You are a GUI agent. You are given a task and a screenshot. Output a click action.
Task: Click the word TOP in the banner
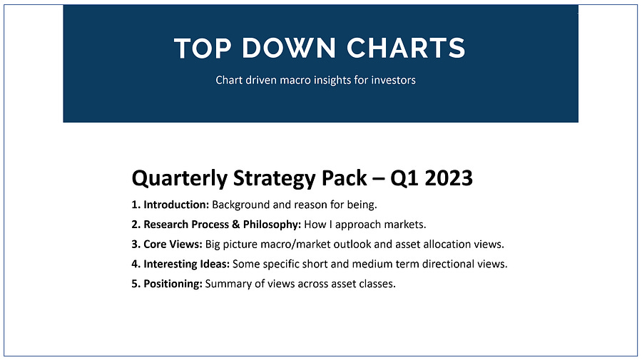click(201, 48)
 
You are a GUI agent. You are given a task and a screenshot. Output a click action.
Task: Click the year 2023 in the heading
click(449, 178)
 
